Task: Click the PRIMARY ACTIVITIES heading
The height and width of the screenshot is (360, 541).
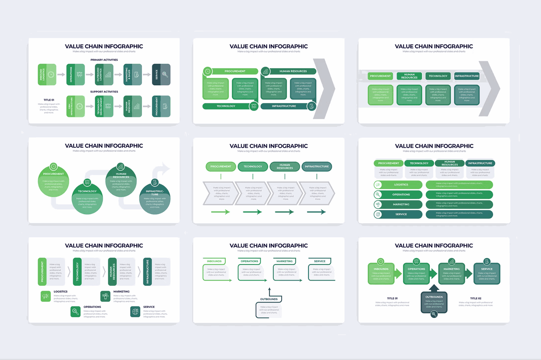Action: pyautogui.click(x=104, y=60)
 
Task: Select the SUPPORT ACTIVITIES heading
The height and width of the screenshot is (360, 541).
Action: pyautogui.click(x=104, y=92)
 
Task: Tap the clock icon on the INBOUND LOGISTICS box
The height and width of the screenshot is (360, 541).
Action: pyautogui.click(x=51, y=75)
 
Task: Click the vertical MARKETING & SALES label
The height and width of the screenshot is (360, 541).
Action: pyautogui.click(x=127, y=75)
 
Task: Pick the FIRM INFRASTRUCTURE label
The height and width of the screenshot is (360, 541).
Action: pyautogui.click(x=71, y=106)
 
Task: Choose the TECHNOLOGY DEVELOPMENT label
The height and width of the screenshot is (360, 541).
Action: pyautogui.click(x=99, y=106)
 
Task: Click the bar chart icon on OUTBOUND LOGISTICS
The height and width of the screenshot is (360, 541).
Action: pyautogui.click(x=108, y=75)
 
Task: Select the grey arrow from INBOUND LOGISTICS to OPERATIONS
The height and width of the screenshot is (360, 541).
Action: pyautogui.click(x=61, y=75)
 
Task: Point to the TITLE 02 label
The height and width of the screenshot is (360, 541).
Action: pyautogui.click(x=475, y=299)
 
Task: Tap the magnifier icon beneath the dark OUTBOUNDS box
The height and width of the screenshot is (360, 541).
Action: pyautogui.click(x=434, y=314)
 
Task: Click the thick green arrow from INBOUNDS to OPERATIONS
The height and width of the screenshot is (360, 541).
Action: pyautogui.click(x=398, y=274)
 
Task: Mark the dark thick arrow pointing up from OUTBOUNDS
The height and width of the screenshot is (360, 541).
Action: pyautogui.click(x=434, y=288)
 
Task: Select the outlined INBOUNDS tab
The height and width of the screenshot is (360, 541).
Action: pyautogui.click(x=214, y=261)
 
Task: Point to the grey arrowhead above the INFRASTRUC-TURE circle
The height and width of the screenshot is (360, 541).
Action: pyautogui.click(x=164, y=168)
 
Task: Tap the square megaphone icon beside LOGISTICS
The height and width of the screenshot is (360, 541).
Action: pyautogui.click(x=46, y=296)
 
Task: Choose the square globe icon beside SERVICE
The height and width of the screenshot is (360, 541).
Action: pyautogui.click(x=135, y=312)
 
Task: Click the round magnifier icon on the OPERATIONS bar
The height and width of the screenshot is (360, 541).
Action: pyautogui.click(x=378, y=194)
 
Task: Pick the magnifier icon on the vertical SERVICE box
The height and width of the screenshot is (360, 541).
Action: pyautogui.click(x=165, y=75)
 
